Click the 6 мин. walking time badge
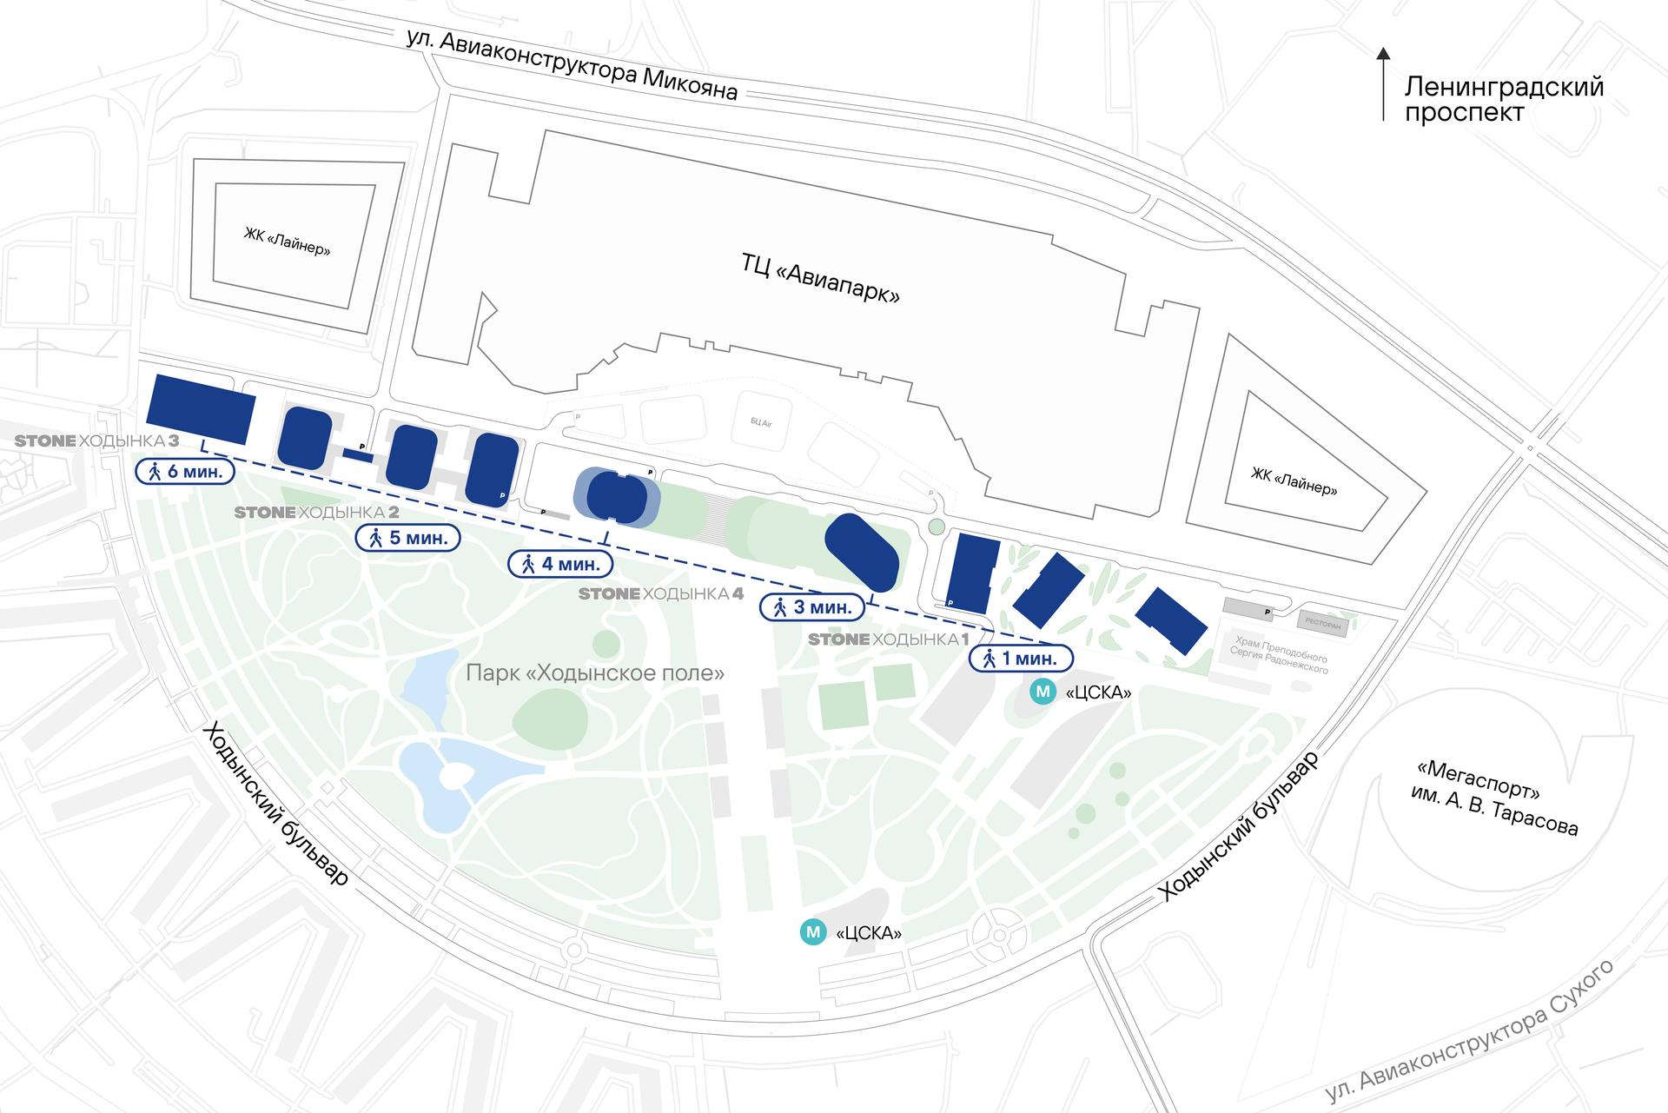click(186, 472)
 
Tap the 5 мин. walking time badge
click(408, 538)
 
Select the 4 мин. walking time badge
click(560, 564)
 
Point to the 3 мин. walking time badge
click(812, 607)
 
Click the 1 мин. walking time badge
click(1021, 659)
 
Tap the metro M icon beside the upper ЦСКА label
click(1042, 692)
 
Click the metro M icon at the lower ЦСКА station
click(813, 932)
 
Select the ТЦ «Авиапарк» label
click(820, 278)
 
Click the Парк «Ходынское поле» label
click(595, 673)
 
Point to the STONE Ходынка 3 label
click(96, 441)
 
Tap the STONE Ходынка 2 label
click(316, 513)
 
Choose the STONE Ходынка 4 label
click(661, 594)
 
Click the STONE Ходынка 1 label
click(888, 639)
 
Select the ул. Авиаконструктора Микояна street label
click(573, 66)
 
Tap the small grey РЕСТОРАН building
click(1323, 623)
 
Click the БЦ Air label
click(761, 422)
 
